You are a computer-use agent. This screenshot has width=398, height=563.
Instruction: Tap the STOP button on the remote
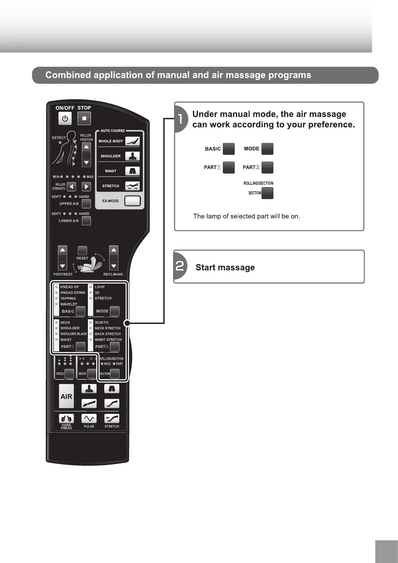pos(84,118)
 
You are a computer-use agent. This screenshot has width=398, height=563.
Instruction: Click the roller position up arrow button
pos(86,147)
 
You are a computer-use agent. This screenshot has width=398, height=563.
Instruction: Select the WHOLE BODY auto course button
pos(132,141)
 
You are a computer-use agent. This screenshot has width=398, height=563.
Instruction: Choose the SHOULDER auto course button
pos(132,156)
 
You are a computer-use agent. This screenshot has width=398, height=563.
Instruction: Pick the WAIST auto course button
pos(132,171)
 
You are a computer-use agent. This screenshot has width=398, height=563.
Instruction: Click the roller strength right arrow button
pos(86,187)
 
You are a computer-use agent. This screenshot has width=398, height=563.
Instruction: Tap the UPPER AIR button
pos(86,204)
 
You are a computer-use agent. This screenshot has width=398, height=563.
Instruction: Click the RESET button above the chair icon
pos(82,251)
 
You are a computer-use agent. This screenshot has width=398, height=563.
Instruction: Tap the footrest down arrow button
pos(62,266)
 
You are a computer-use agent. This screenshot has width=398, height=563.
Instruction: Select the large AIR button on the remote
pos(66,396)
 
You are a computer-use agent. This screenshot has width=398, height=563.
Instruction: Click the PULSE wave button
pos(89,419)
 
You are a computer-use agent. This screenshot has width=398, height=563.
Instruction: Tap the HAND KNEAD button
pos(66,419)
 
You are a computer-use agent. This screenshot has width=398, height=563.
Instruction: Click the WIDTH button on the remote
pos(92,374)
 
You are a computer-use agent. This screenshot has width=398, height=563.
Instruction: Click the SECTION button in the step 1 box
pos(267,193)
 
